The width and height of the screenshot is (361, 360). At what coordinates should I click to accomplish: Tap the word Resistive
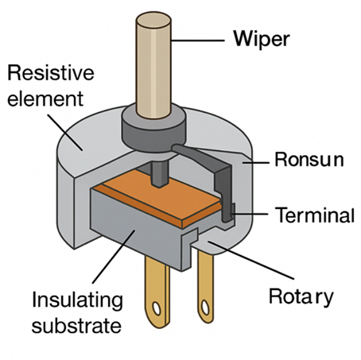point(50,75)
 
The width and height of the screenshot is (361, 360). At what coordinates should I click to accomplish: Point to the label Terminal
point(314,215)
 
